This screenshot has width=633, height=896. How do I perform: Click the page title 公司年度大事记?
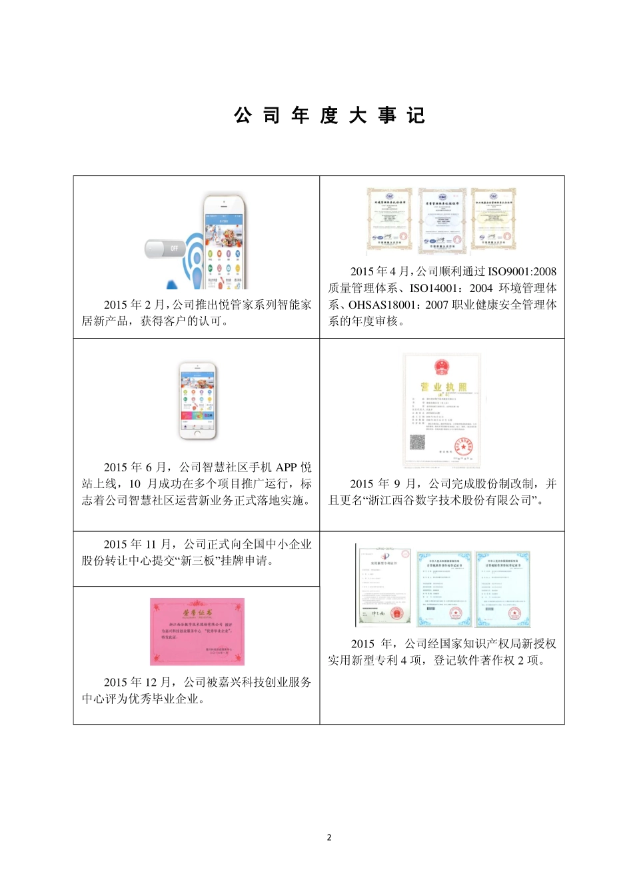[329, 115]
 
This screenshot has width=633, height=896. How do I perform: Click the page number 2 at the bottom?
[329, 837]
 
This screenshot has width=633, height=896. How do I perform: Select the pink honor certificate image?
[197, 631]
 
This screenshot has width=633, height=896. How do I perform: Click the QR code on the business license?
[417, 442]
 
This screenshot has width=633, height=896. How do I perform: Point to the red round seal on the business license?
[463, 445]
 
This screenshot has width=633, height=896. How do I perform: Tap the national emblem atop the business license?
[440, 367]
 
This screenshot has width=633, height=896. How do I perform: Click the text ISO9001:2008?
[522, 271]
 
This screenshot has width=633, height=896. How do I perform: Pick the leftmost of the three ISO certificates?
[389, 220]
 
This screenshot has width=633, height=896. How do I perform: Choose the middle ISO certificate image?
[442, 220]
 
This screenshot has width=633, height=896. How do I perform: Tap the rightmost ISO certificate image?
[493, 220]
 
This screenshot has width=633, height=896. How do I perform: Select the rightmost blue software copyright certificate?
[503, 589]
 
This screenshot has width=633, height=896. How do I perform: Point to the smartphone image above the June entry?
[198, 401]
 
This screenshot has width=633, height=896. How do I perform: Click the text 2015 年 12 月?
[139, 682]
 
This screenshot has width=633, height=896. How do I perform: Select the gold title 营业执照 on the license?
[443, 387]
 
